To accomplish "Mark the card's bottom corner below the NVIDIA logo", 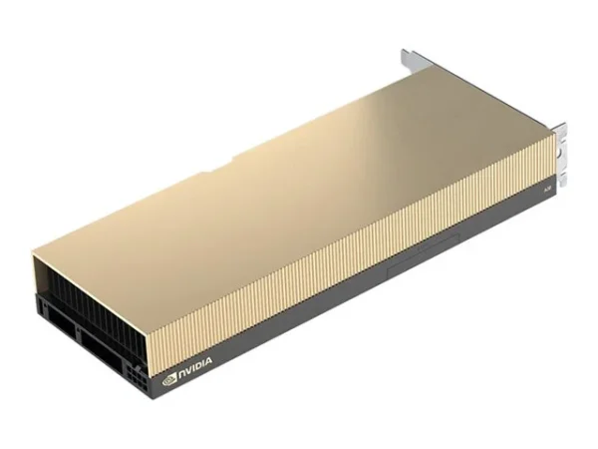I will pyautogui.click(x=158, y=399).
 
